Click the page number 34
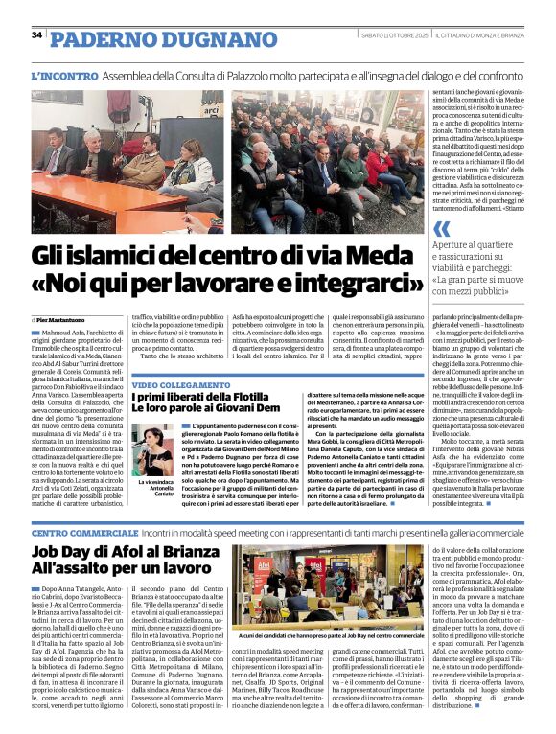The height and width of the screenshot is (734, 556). [x=36, y=34]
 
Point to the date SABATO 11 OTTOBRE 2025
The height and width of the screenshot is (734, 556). [x=389, y=35]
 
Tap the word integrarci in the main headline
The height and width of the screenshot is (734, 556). [x=341, y=286]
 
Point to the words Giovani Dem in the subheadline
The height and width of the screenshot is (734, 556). [x=248, y=411]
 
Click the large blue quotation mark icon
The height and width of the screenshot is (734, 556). [x=441, y=228]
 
